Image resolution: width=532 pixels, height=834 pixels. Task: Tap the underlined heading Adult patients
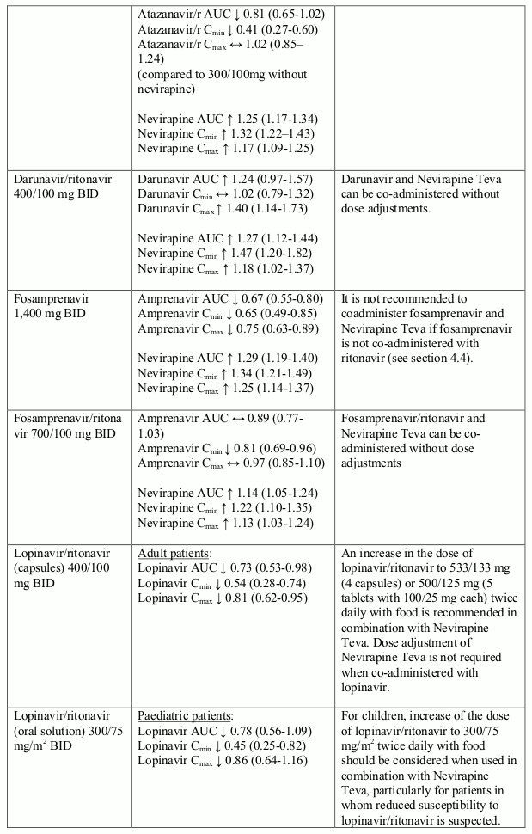[174, 552]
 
